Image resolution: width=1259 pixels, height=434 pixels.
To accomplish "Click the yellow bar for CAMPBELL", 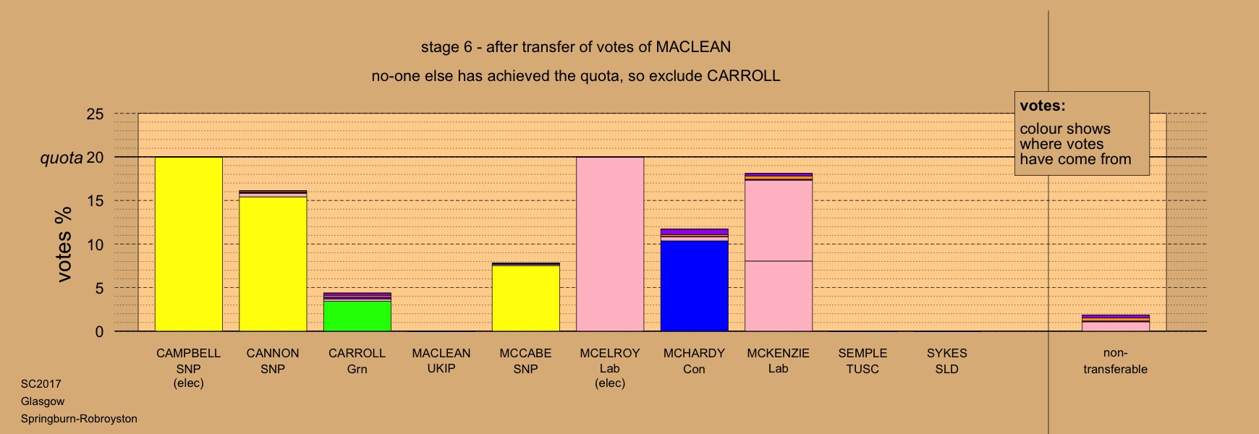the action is [189, 244].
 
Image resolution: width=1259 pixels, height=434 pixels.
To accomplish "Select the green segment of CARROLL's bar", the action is [357, 316].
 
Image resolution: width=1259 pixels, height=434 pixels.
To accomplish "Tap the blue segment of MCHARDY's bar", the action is [695, 286].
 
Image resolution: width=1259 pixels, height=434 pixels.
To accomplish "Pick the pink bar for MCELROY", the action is [610, 244].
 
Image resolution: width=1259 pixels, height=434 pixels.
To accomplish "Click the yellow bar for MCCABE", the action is [526, 298].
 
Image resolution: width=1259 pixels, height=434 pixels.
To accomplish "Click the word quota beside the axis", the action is [62, 158].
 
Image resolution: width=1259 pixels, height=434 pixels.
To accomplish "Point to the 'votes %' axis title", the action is [65, 244].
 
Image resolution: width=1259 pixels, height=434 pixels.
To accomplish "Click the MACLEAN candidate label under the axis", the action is [441, 353].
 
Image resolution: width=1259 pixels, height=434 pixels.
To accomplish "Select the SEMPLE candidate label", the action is [862, 353].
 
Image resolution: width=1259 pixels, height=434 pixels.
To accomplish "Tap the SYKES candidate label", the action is [947, 353].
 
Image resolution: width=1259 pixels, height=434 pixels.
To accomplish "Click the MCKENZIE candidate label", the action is [779, 353].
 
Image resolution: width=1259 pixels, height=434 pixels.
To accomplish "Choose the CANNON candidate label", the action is [273, 353].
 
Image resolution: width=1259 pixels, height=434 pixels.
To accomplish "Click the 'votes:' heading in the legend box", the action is [1043, 106].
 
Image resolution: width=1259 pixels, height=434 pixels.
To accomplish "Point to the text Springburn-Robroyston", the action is [79, 419].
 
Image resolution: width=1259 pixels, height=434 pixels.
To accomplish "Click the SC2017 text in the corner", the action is [41, 384].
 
